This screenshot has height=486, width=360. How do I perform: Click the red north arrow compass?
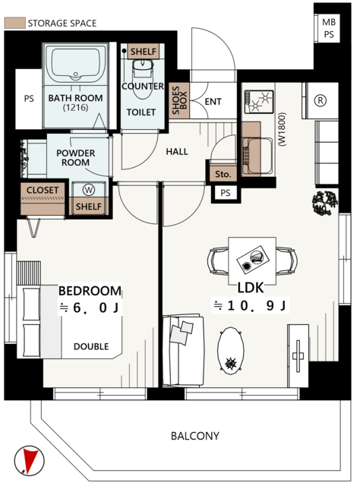[x=29, y=460]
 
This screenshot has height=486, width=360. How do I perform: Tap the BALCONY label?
[x=195, y=436]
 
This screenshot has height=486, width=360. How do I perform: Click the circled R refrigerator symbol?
[x=321, y=100]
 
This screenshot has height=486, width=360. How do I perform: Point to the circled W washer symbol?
[x=89, y=190]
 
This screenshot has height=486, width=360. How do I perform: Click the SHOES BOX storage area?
[x=179, y=100]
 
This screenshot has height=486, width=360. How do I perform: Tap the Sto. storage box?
[x=223, y=174]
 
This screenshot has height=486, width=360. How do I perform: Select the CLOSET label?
[x=43, y=190]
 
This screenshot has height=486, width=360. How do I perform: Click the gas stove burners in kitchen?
[x=259, y=101]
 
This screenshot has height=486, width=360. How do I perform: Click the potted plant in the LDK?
[x=324, y=203]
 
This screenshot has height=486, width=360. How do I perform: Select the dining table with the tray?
[x=252, y=260]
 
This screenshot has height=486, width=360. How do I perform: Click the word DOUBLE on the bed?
[x=91, y=346]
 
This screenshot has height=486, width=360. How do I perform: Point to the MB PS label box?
[x=329, y=28]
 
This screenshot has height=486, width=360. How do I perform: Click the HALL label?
[x=177, y=152]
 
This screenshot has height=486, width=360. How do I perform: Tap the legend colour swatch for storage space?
[x=14, y=24]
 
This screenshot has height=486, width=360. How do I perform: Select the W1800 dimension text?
[x=283, y=129]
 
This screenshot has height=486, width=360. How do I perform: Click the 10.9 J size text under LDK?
[x=250, y=306]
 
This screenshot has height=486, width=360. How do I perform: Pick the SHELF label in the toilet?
[x=144, y=51]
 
